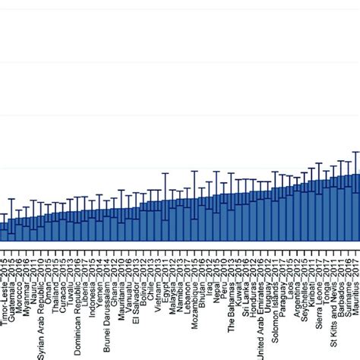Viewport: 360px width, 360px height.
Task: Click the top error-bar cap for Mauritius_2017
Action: click(355, 151)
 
